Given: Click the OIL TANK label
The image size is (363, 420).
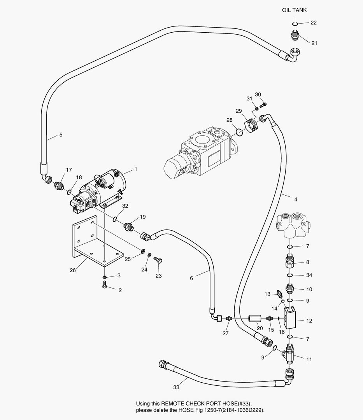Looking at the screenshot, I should [x=294, y=10].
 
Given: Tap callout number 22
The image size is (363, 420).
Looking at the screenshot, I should [x=313, y=23].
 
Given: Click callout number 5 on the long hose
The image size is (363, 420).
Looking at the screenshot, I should [x=61, y=135].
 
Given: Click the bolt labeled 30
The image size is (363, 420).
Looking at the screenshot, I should [x=264, y=104].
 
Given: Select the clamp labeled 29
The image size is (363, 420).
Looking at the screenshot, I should [x=251, y=124].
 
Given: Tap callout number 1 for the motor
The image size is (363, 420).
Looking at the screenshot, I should [x=136, y=169].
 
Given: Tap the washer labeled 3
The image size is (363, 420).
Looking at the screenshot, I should [x=105, y=276].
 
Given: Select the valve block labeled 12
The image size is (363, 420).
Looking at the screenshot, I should [x=291, y=318].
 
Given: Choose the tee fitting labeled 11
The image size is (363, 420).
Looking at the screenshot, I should [x=291, y=352].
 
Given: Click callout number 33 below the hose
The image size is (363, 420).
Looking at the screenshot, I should [x=176, y=387].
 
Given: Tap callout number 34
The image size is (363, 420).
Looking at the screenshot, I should [x=309, y=275].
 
